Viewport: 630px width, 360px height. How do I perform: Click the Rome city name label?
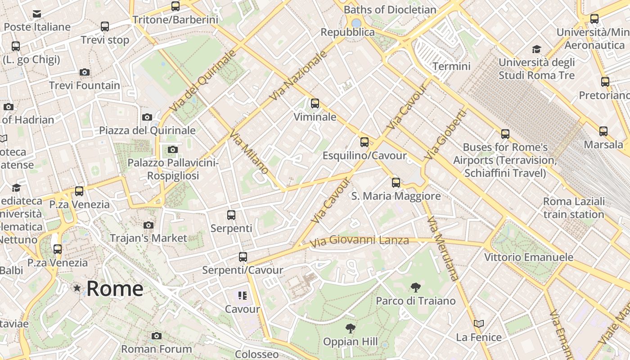(x=115, y=288)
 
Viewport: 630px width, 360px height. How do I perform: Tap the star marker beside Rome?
(x=77, y=288)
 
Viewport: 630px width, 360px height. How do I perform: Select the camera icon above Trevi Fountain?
(x=85, y=72)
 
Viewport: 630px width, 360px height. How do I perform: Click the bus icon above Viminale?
(x=315, y=103)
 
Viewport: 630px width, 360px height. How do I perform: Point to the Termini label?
(x=451, y=67)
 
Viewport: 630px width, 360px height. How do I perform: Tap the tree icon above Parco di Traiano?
(x=415, y=287)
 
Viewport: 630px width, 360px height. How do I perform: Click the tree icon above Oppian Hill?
(x=350, y=328)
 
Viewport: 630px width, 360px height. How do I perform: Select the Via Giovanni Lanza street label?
(x=359, y=241)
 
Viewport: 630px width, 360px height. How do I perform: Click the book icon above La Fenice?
(x=478, y=324)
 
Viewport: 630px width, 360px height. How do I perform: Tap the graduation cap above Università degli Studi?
(x=536, y=49)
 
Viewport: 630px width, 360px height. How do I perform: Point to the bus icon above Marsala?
(x=603, y=131)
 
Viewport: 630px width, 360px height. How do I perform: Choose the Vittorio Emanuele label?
(x=529, y=257)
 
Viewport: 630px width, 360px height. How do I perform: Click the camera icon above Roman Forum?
(x=157, y=336)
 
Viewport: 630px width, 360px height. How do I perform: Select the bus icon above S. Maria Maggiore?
(x=396, y=182)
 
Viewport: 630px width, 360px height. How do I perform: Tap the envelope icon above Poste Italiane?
(x=37, y=14)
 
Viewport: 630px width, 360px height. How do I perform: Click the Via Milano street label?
(x=249, y=152)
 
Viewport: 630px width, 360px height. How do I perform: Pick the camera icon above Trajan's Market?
(x=148, y=225)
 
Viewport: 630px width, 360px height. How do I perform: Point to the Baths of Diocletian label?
(x=390, y=10)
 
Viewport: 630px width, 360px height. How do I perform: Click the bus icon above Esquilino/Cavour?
(x=364, y=142)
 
